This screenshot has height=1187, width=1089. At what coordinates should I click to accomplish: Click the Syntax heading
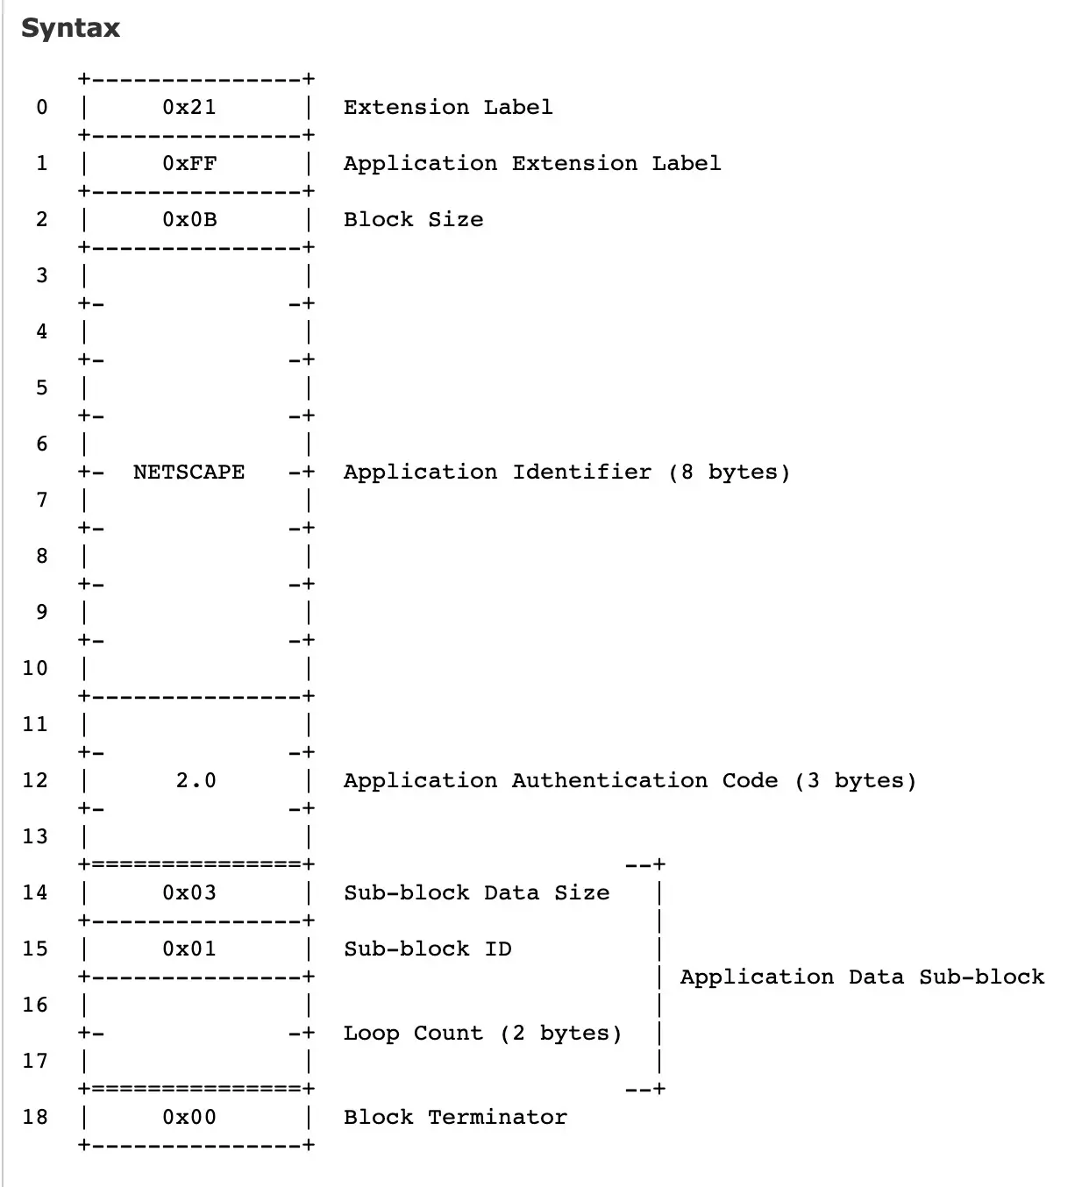point(70,28)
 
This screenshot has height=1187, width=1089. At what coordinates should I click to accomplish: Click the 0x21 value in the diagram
point(189,107)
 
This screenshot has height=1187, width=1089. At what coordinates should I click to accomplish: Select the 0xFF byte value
point(189,163)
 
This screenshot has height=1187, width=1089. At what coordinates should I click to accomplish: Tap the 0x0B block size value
point(189,219)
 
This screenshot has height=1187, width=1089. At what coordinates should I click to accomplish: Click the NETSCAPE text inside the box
point(189,472)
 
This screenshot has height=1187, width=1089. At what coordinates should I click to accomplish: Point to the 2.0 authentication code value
point(196,780)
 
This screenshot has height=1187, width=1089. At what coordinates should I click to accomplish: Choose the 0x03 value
point(189,892)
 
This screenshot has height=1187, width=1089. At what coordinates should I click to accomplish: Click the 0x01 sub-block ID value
point(189,949)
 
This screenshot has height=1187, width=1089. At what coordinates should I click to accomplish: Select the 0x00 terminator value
point(189,1117)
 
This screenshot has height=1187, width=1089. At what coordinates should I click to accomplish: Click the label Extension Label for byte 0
point(448,107)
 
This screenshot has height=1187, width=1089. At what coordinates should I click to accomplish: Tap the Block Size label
point(413,219)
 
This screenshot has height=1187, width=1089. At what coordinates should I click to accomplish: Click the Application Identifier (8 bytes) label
point(566,472)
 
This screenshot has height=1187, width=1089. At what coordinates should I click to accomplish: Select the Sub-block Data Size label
point(476,892)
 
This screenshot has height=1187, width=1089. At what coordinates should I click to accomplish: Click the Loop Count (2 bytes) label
point(482,1033)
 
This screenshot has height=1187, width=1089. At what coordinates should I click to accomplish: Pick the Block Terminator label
point(455,1117)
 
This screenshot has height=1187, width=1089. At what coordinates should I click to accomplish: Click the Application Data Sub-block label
point(862,977)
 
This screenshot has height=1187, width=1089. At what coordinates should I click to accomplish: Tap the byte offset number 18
point(35,1117)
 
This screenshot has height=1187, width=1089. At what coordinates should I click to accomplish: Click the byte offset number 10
point(35,668)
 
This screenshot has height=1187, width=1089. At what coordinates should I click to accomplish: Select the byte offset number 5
point(41,387)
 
